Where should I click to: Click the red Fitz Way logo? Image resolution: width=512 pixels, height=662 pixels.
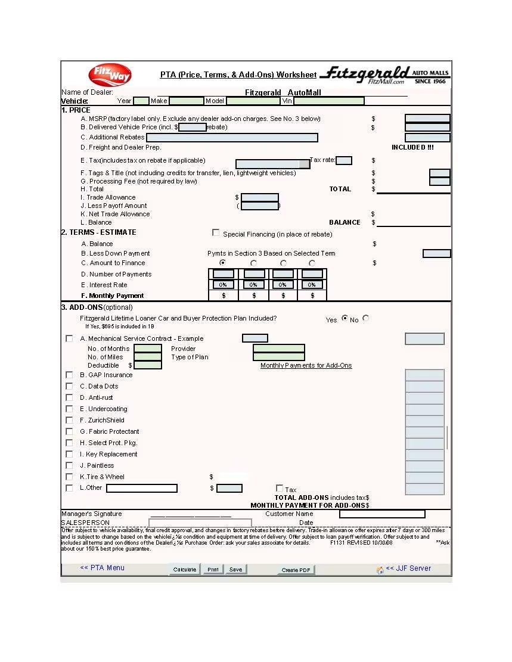[x=110, y=75]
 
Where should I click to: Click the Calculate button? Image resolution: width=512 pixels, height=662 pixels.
[x=184, y=570]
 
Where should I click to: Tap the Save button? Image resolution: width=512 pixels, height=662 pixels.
[x=235, y=570]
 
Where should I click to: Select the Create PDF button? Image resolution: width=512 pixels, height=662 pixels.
[x=296, y=570]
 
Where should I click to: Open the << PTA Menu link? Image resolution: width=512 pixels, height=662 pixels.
[x=102, y=568]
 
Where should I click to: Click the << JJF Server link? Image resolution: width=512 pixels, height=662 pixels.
[x=408, y=568]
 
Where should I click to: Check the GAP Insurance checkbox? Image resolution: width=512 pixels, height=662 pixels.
[x=69, y=375]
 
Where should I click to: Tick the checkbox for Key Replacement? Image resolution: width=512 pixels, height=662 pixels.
[x=69, y=455]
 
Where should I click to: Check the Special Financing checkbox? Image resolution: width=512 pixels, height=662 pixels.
[x=216, y=233]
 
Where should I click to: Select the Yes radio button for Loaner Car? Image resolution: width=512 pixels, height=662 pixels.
[x=345, y=319]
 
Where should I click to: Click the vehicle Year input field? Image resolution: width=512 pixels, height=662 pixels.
[x=141, y=101]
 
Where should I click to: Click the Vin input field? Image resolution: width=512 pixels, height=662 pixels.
[x=328, y=101]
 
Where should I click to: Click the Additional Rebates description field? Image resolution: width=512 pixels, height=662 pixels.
[x=232, y=138]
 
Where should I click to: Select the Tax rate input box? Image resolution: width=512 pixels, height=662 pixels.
[x=344, y=160]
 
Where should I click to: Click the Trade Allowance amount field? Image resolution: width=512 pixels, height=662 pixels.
[x=259, y=198]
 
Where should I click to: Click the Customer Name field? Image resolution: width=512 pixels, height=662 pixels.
[x=382, y=514]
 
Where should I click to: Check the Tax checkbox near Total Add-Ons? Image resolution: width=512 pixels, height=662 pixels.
[x=280, y=489]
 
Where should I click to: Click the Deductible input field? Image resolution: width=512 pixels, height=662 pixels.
[x=148, y=365]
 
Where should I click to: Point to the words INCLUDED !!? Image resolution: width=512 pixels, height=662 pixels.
[x=412, y=148]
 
